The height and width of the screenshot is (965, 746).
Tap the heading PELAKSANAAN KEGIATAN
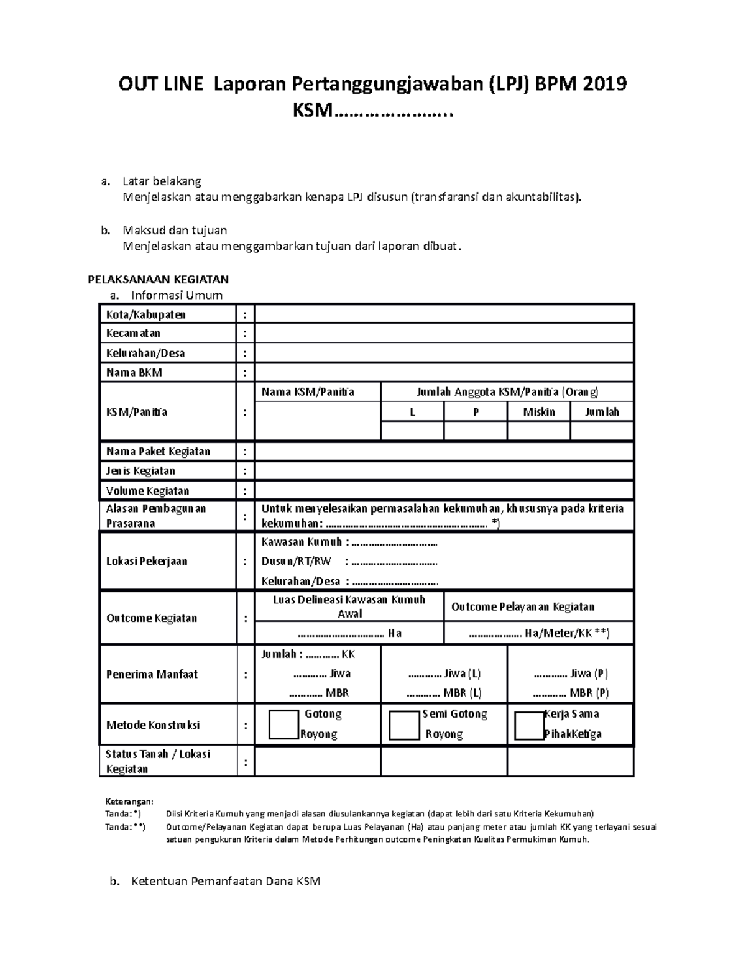[158, 280]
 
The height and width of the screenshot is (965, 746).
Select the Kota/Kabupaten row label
[145, 314]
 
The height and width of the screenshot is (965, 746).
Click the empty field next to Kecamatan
[444, 334]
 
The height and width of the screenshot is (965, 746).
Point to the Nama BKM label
[134, 373]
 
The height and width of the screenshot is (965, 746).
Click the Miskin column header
[538, 412]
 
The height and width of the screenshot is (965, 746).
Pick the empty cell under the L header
[412, 431]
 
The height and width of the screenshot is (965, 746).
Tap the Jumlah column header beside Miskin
[602, 412]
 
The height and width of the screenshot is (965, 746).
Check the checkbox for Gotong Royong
[284, 725]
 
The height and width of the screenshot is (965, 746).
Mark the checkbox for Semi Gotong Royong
[404, 725]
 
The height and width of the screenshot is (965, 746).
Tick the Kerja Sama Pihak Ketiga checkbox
[530, 725]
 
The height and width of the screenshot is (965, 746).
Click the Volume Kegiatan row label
[147, 491]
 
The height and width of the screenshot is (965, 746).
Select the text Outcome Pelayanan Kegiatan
[522, 607]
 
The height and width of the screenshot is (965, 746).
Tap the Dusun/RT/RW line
[349, 562]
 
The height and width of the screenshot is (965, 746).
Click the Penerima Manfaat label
[152, 674]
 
